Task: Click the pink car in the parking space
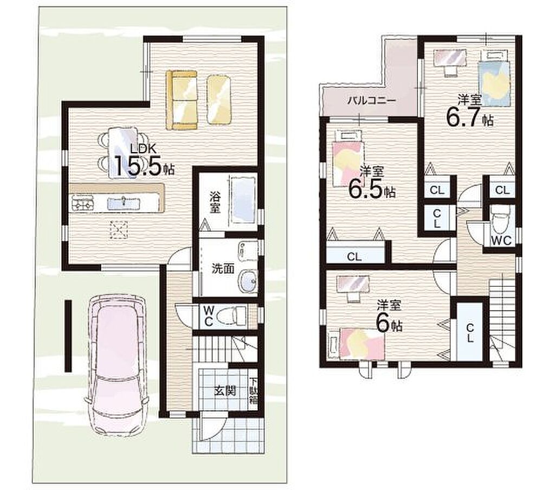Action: click(117, 364)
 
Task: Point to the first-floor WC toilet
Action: click(231, 316)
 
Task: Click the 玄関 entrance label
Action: click(224, 391)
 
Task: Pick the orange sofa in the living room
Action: click(182, 100)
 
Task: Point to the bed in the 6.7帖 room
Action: click(494, 79)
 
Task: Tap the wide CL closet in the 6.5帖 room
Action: click(354, 256)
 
